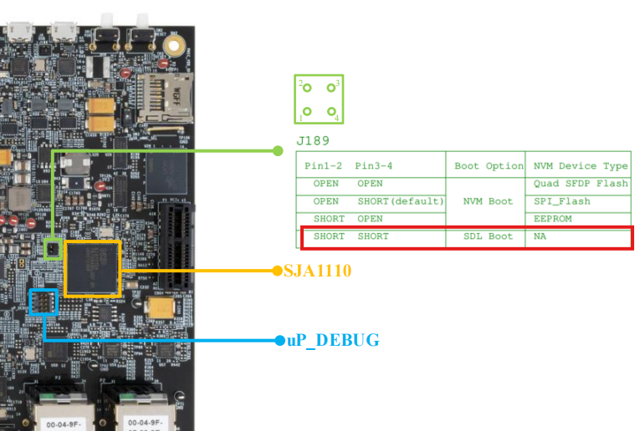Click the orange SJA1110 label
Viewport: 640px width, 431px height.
point(318,271)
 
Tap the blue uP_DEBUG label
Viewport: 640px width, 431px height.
point(332,340)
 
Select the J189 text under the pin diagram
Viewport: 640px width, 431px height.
point(313,140)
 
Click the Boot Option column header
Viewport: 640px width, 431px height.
point(489,165)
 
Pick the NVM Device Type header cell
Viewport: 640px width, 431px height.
point(580,165)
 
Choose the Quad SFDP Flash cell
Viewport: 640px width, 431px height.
point(580,184)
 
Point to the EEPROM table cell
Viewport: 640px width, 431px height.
point(551,219)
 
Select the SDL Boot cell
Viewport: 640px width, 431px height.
point(489,236)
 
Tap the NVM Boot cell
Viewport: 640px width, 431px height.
point(489,201)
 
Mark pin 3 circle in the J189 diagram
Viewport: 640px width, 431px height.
point(331,88)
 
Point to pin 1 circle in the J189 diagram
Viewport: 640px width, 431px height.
point(307,111)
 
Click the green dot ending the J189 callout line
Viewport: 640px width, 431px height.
point(278,151)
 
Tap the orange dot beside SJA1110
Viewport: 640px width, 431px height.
point(277,271)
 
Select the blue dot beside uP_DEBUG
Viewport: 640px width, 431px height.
point(279,340)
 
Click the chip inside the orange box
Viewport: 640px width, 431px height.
point(92,268)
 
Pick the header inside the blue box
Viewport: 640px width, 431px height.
point(43,302)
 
